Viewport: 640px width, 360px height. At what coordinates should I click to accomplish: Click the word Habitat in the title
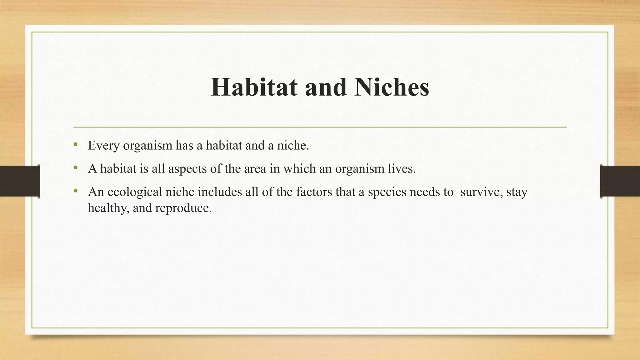click(x=254, y=87)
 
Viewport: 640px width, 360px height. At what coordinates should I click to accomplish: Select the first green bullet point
click(x=75, y=144)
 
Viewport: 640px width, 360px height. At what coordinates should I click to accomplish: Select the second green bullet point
click(x=75, y=168)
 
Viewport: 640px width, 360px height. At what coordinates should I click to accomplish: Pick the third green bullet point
click(x=75, y=191)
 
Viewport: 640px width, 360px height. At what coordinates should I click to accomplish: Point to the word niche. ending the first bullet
click(x=293, y=146)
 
